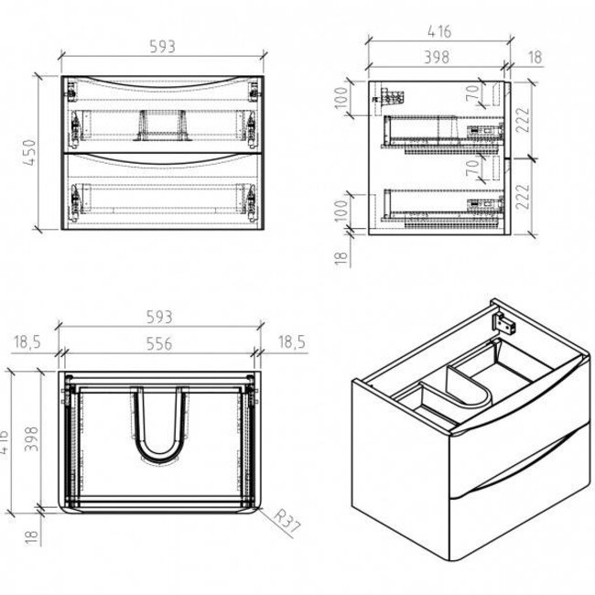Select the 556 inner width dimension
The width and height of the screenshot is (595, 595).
pyautogui.click(x=159, y=338)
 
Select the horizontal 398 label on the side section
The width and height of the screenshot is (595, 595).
pyautogui.click(x=436, y=57)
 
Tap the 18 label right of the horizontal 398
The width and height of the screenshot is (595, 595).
pyautogui.click(x=532, y=57)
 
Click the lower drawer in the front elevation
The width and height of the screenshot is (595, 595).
pyautogui.click(x=162, y=192)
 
